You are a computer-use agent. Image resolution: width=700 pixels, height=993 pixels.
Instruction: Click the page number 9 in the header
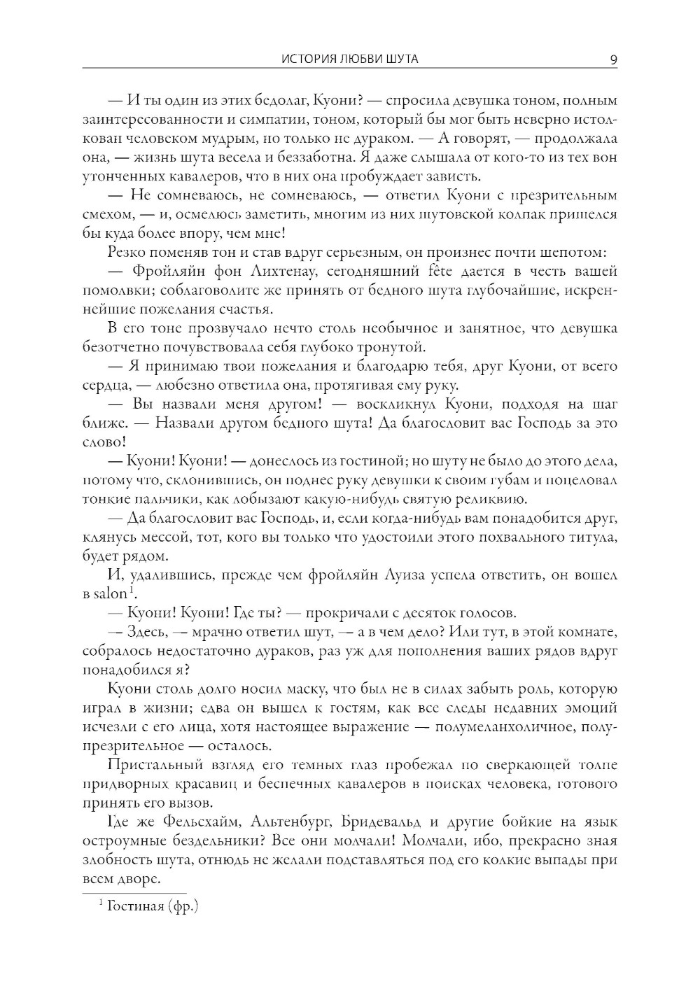[613, 59]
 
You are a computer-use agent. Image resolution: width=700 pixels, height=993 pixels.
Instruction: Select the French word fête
[426, 271]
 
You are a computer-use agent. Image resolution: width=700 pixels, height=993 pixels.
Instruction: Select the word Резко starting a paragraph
[127, 252]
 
